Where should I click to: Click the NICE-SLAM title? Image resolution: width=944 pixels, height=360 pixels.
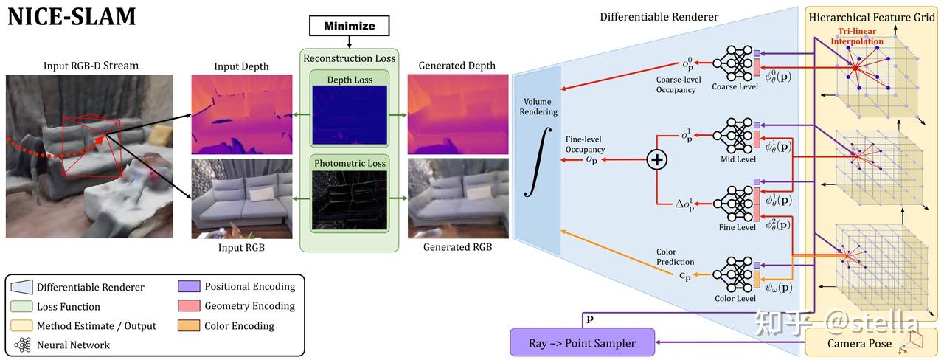[x=72, y=16]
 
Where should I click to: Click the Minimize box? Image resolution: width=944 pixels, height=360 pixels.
[x=349, y=26]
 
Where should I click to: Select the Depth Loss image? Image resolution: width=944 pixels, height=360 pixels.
[x=349, y=113]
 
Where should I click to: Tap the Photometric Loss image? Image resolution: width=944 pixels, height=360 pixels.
[x=349, y=200]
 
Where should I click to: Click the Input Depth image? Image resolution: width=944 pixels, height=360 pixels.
[x=241, y=114]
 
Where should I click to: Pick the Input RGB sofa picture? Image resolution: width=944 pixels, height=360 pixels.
[x=241, y=198]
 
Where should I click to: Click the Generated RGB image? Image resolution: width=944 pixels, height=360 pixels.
[x=457, y=198]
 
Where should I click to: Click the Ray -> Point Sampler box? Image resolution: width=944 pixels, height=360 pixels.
[x=582, y=343]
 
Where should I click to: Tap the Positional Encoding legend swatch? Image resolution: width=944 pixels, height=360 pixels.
[x=189, y=287]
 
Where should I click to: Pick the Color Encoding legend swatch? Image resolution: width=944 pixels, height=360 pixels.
[x=189, y=325]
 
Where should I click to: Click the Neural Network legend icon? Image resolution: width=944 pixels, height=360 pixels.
[x=23, y=345]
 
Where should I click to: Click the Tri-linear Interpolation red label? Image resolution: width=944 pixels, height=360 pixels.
[x=859, y=36]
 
